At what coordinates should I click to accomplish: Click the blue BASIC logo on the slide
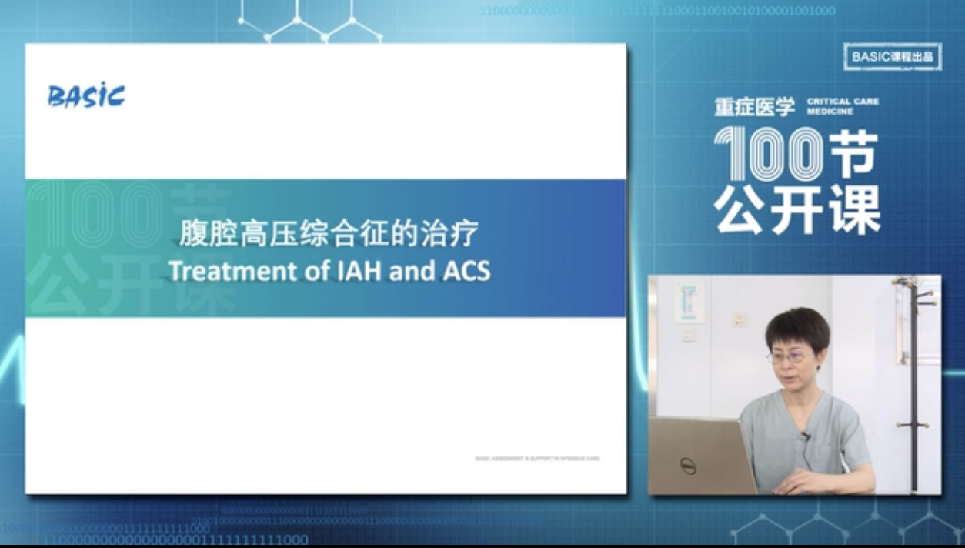point(86,96)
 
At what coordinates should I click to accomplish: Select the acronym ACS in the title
point(465,272)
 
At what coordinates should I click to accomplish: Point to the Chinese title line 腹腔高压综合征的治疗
point(329,233)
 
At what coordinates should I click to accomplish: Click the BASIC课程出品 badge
point(893,57)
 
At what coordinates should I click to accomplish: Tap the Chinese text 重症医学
point(754,107)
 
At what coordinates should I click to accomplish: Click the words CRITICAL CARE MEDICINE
point(843,106)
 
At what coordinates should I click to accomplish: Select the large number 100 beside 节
point(768,154)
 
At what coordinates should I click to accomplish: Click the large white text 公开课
point(796,209)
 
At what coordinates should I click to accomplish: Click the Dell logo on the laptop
point(688,466)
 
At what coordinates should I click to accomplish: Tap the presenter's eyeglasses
point(786,357)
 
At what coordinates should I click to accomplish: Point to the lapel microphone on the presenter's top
point(805,437)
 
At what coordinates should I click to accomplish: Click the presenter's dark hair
point(797,327)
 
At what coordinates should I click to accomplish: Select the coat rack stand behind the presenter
point(914,385)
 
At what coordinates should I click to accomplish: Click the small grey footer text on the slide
point(537,459)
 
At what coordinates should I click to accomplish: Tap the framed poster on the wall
point(690,301)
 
